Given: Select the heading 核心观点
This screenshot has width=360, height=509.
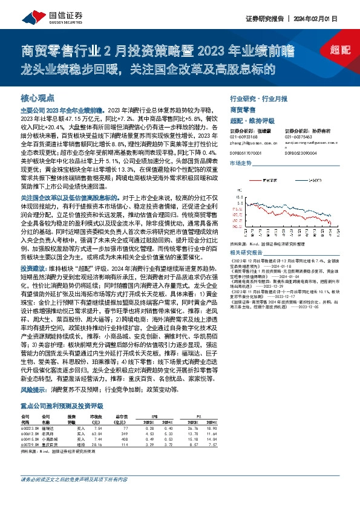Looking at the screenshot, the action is click(x=38, y=97).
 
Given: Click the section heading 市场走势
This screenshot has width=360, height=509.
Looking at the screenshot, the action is click(x=241, y=164).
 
